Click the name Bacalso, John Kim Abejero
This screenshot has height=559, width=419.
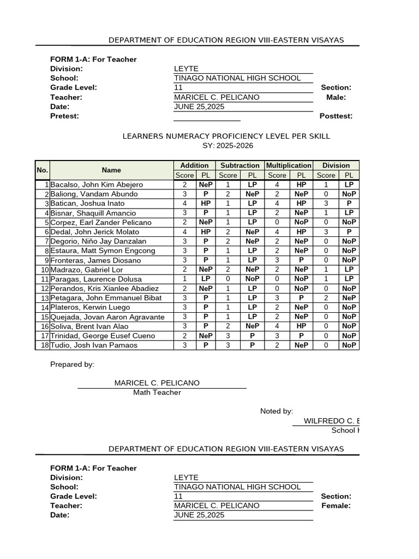point(97,185)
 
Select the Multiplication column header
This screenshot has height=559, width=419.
point(288,165)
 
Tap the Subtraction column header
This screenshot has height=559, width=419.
point(240,165)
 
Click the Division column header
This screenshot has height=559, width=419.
point(336,165)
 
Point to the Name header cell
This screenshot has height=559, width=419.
point(111,170)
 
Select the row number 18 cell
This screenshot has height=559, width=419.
point(43,345)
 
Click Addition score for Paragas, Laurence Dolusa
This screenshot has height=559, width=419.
point(184,279)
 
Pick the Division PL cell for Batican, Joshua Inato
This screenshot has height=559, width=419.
point(349,204)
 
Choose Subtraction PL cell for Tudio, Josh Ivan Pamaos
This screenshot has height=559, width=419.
point(252,345)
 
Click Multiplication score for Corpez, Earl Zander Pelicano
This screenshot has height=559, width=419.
point(277,222)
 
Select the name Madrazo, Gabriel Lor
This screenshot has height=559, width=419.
point(87,270)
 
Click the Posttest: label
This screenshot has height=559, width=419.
point(336,116)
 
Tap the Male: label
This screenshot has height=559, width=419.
point(336,97)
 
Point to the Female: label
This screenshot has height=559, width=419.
point(336,506)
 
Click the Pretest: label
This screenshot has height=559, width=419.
point(64,116)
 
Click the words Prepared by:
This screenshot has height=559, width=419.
point(72,364)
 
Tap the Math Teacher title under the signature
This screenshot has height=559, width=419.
point(157,393)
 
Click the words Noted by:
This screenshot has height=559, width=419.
point(277,411)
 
